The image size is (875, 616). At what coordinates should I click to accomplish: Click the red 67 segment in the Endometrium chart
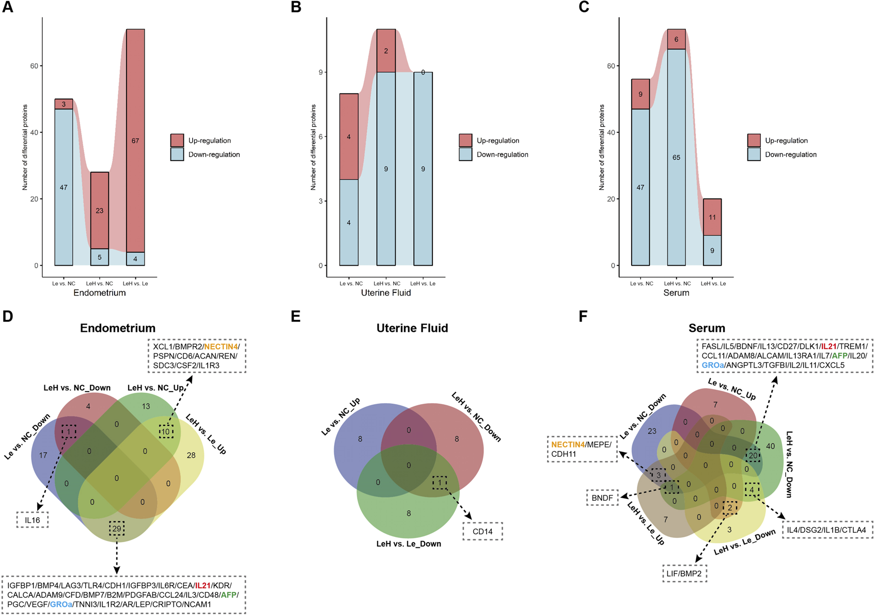pos(135,141)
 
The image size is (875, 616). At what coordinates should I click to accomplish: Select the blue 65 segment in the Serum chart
pos(676,157)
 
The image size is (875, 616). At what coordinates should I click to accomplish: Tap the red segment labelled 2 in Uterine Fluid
pos(386,51)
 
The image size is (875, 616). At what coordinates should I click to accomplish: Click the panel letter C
pos(584,8)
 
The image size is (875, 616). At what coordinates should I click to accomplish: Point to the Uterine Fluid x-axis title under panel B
pos(386,293)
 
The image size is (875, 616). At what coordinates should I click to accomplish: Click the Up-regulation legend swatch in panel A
pos(177,140)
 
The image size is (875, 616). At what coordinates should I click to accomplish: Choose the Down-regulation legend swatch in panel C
pos(754,155)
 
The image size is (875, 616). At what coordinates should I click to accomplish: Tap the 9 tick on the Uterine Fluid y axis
pos(321,72)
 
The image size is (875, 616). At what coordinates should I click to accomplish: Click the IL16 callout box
pos(33,520)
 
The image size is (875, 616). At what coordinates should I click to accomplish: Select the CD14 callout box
pos(482,531)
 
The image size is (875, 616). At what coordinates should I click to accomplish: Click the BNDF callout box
pos(602,498)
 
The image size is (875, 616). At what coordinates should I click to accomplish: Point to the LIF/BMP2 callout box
pos(685,574)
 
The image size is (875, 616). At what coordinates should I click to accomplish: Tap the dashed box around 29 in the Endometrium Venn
pos(117,529)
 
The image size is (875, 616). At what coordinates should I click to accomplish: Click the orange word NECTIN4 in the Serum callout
pos(568,445)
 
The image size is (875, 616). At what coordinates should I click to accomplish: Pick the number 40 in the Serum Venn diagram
pos(771,446)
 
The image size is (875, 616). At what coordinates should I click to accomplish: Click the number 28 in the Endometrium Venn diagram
pos(191,455)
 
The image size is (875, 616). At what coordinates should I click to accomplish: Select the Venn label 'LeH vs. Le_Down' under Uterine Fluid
pos(409,544)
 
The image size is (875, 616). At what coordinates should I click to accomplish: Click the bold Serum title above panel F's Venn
pos(707,328)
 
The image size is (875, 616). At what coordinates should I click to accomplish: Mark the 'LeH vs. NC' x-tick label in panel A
pos(99,283)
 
